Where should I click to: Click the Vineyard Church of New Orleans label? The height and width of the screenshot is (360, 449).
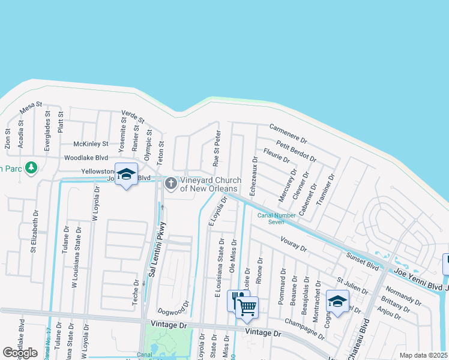(211, 184)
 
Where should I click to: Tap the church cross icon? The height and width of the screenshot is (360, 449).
(171, 183)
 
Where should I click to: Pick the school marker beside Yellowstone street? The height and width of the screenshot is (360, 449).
(126, 175)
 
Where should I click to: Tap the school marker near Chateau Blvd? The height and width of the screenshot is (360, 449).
(337, 301)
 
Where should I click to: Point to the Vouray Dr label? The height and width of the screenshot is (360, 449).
(294, 244)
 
